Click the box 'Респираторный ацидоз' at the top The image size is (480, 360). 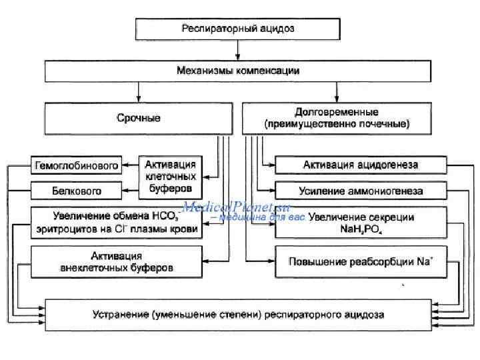[x=238, y=29]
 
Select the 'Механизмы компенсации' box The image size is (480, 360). [x=238, y=71]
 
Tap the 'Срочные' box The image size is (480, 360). [x=139, y=119]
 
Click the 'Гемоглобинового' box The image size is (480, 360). [x=76, y=165]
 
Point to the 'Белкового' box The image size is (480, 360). [x=76, y=191]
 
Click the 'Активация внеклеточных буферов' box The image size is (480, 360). [x=116, y=261]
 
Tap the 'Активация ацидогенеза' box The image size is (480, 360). [x=361, y=165]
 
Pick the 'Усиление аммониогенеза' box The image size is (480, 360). [x=361, y=191]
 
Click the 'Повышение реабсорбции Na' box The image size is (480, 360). [x=361, y=261]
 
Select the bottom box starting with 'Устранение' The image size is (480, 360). [x=238, y=313]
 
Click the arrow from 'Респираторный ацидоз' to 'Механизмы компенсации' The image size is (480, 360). [x=238, y=50]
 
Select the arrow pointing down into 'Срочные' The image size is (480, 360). [x=139, y=91]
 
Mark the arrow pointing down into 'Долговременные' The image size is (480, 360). [x=337, y=91]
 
